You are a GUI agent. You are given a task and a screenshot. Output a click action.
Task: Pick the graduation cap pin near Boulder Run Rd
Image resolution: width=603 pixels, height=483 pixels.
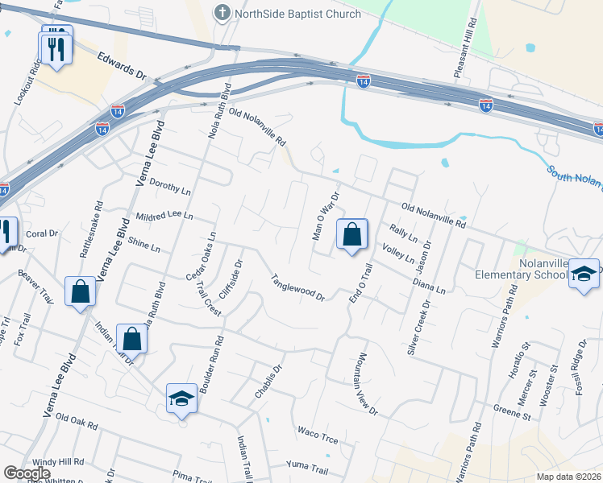point(181,398)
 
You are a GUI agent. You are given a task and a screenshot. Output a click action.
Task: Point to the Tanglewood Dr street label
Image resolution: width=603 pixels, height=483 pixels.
point(297,287)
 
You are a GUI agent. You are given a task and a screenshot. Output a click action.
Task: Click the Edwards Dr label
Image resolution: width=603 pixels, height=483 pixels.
point(122,67)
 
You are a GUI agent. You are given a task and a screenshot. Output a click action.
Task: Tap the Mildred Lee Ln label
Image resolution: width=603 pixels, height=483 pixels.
point(164,217)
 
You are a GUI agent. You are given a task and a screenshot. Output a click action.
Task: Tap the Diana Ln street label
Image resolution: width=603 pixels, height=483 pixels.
point(428,283)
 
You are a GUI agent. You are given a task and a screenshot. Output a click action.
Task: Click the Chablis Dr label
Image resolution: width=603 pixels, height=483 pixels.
point(268,382)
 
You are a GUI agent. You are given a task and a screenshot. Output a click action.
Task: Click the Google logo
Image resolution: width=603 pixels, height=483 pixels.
point(27,473)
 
